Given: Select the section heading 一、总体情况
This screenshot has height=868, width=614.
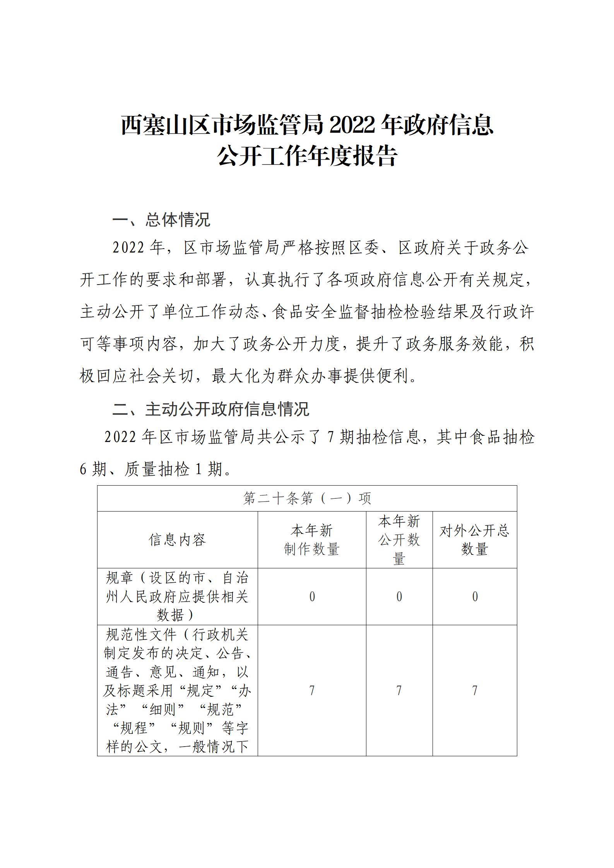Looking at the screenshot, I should pos(161,220).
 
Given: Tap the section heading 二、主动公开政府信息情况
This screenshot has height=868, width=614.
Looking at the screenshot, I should pos(211,409).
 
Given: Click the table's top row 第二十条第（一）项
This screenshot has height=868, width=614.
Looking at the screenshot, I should pos(307,498).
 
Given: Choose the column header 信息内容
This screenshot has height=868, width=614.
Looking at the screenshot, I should pos(177,540).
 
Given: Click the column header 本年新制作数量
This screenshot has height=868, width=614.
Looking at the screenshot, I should pos(312,540).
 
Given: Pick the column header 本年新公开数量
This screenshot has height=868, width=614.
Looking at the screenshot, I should pos(399,540).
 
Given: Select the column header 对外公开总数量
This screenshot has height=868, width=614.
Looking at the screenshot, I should pos(474,540).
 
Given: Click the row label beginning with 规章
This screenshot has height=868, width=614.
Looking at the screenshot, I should pos(177,596).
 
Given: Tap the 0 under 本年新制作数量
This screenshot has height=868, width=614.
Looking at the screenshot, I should pos(312,597).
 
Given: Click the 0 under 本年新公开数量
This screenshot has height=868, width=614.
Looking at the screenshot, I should pos(399,597).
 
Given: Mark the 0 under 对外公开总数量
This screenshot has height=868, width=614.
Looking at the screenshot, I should pos(475,597).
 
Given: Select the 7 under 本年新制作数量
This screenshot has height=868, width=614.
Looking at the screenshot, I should pos(312,691).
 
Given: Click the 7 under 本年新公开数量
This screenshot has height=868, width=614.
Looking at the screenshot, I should pos(399,691).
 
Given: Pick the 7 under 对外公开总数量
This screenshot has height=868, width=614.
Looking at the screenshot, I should pos(475,691).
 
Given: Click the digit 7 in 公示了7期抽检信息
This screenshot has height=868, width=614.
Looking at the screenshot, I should pos(330,437).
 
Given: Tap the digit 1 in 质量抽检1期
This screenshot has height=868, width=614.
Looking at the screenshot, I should pos(199,469).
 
